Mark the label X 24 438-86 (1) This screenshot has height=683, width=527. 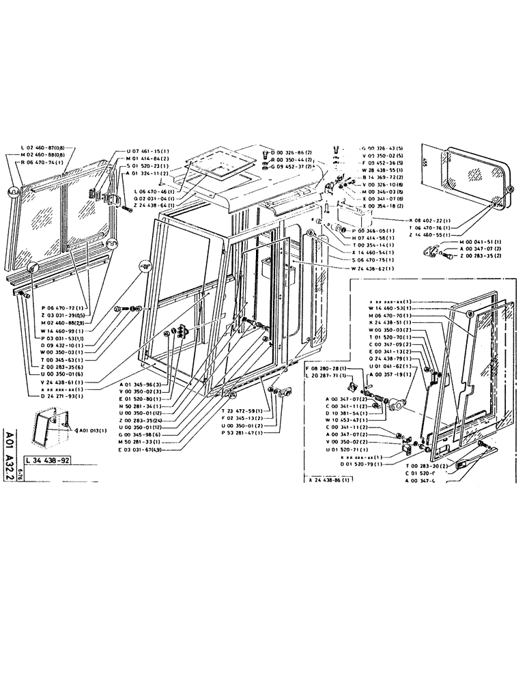point(332,480)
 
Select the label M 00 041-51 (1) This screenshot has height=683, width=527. point(461,242)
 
